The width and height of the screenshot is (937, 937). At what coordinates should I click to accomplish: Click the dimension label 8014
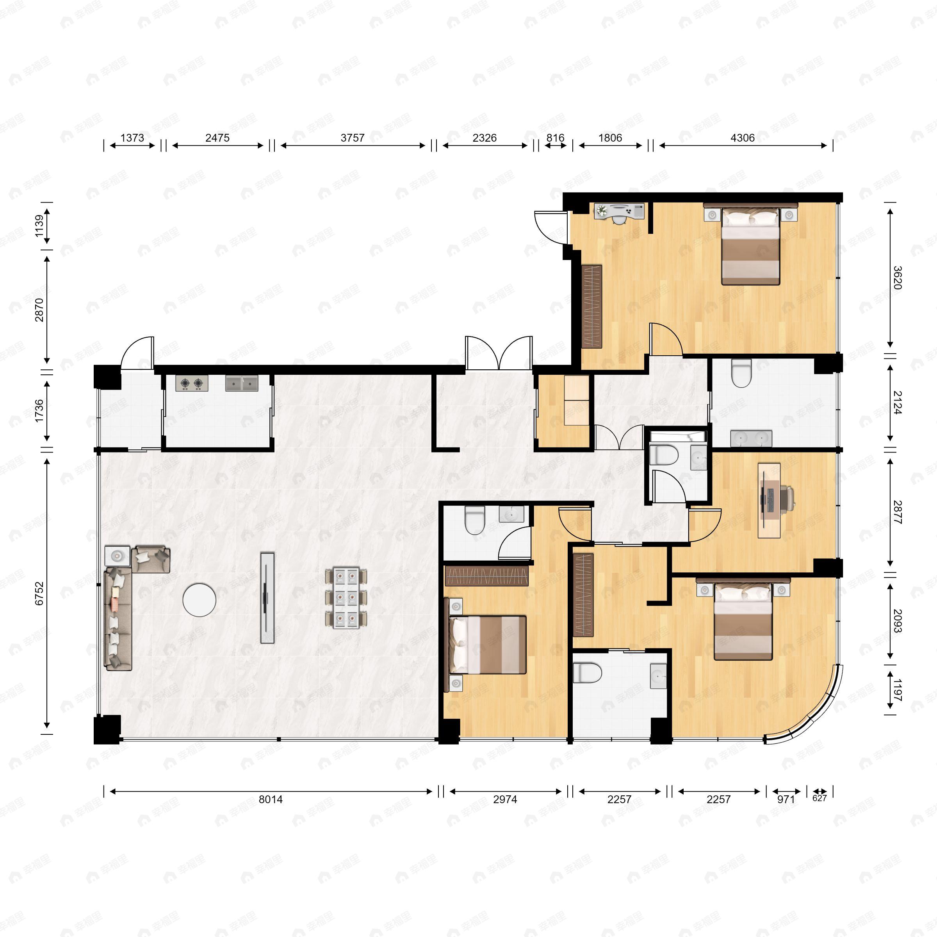tap(270, 799)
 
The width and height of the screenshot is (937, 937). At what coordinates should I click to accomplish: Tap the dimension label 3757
tap(352, 138)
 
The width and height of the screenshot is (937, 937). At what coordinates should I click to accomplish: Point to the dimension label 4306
tap(742, 138)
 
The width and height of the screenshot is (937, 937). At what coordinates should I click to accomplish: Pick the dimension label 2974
tap(505, 799)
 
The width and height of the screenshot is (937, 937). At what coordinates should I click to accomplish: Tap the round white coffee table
tap(200, 600)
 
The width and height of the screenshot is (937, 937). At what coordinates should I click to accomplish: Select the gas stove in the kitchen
tap(192, 383)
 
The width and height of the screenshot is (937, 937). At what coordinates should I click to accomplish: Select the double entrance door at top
tap(499, 353)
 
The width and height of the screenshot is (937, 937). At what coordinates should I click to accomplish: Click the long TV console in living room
tap(267, 597)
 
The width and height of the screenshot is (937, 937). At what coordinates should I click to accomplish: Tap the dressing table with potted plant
tap(619, 212)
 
